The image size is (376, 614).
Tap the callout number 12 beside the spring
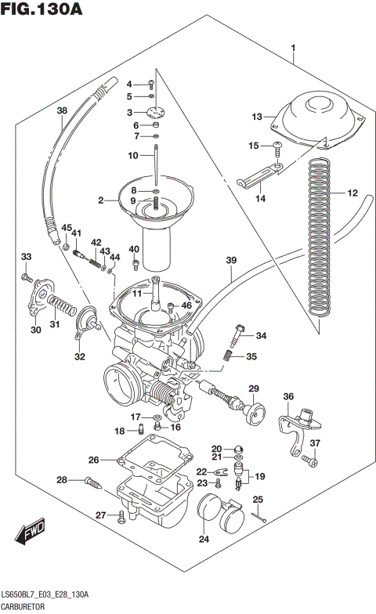[352, 193]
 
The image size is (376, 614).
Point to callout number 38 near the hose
[62, 111]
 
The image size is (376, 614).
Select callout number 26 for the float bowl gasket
[93, 460]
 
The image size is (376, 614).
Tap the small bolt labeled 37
[308, 464]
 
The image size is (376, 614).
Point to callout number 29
[254, 388]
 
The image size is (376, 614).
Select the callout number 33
[26, 257]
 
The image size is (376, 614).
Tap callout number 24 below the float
[204, 538]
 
